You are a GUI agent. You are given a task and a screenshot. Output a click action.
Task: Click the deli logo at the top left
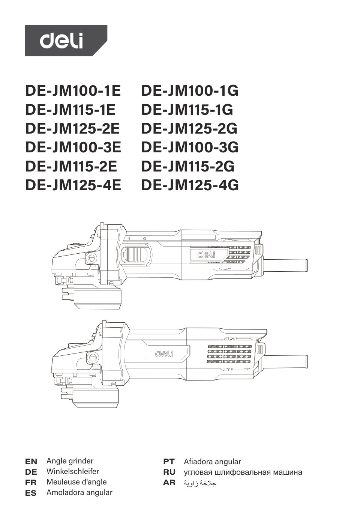click(x=66, y=41)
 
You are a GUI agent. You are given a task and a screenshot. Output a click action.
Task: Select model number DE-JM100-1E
click(x=73, y=91)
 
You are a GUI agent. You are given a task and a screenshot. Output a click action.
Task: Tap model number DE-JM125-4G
click(x=190, y=185)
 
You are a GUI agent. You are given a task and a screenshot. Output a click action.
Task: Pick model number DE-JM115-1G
click(x=187, y=110)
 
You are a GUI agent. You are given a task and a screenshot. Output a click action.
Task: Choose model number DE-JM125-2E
click(x=72, y=128)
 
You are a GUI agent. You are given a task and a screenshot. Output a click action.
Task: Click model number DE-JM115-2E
click(x=71, y=166)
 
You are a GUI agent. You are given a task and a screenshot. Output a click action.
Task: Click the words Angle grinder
click(x=70, y=461)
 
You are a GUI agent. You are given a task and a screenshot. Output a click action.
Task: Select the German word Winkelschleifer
click(x=73, y=471)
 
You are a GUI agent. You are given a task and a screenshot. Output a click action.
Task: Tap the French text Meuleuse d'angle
click(x=76, y=482)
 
